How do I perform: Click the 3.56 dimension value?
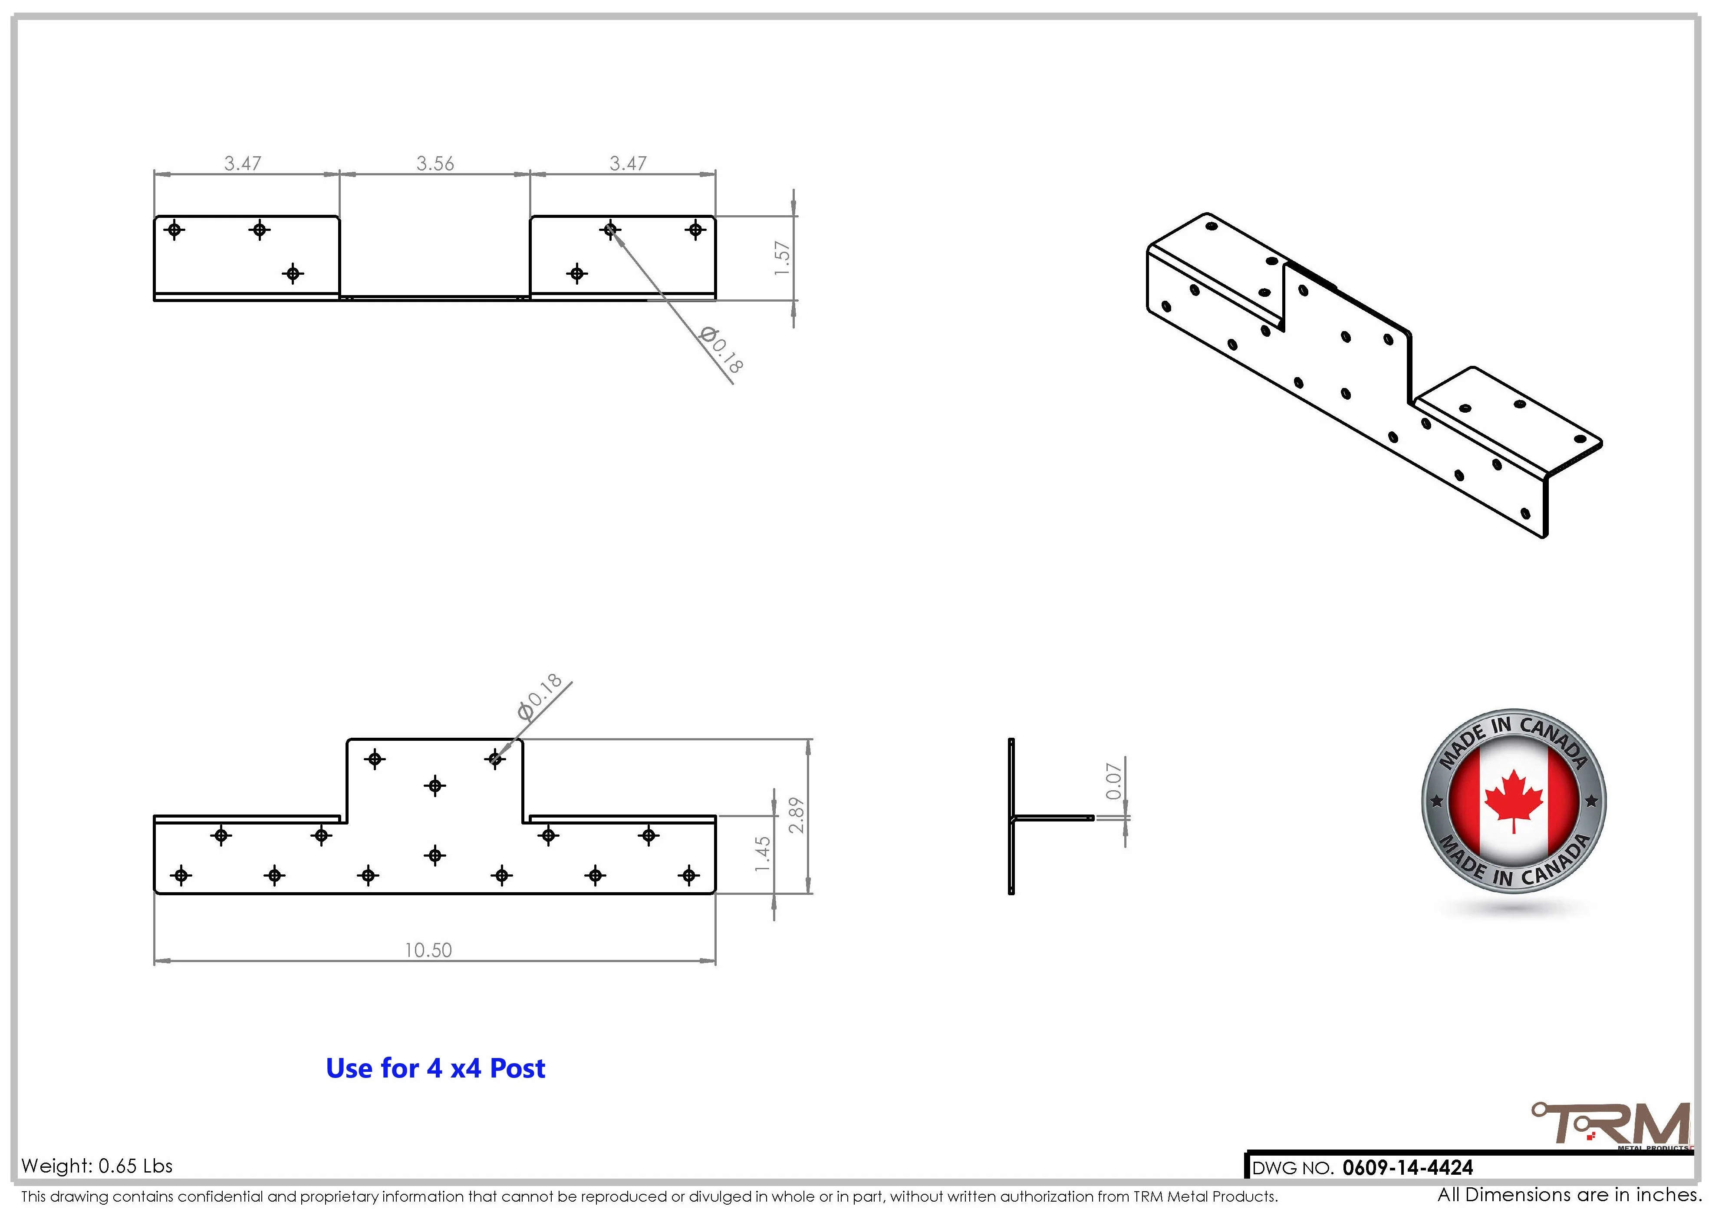click(435, 163)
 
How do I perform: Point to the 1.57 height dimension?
click(781, 258)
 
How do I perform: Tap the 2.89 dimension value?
click(797, 815)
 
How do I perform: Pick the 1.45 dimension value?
click(761, 854)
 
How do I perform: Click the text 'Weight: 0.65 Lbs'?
click(97, 1166)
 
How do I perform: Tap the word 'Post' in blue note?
click(517, 1068)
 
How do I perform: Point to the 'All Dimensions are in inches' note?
click(1569, 1195)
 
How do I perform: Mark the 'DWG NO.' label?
click(1292, 1168)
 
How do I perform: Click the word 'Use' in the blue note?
click(350, 1068)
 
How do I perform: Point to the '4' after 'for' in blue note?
click(434, 1068)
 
